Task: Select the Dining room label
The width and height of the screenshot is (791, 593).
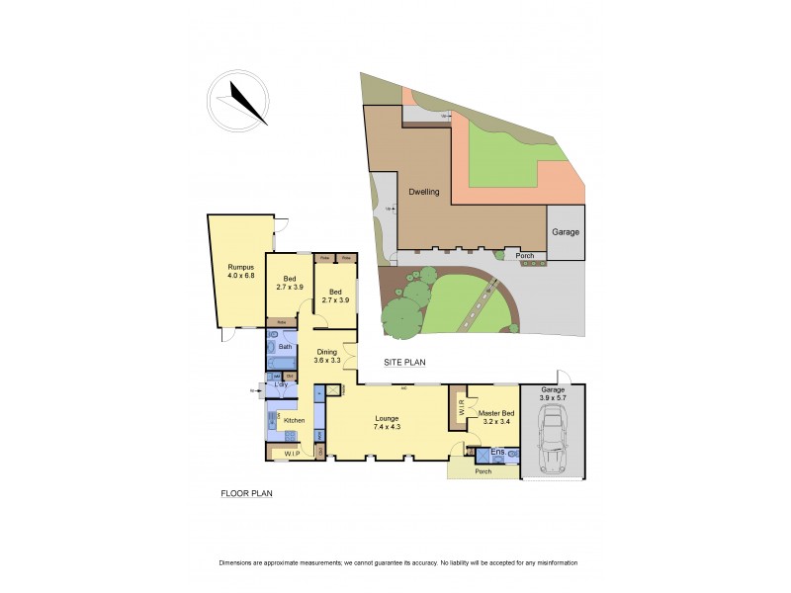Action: click(327, 356)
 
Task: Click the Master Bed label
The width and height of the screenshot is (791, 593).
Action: click(495, 416)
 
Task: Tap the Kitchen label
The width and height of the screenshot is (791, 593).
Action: click(295, 420)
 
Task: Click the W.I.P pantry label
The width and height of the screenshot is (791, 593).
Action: click(292, 454)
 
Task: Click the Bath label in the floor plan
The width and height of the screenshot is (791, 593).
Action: click(285, 347)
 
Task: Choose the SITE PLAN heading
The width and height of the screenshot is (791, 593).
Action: click(404, 363)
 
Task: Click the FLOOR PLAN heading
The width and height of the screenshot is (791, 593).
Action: click(246, 492)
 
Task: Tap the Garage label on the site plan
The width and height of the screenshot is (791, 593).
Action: click(566, 232)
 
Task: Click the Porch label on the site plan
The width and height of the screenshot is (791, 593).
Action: click(526, 257)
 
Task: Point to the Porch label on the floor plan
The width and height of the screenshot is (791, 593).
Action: click(483, 470)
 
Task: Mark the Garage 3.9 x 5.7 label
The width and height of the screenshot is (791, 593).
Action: click(552, 394)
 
